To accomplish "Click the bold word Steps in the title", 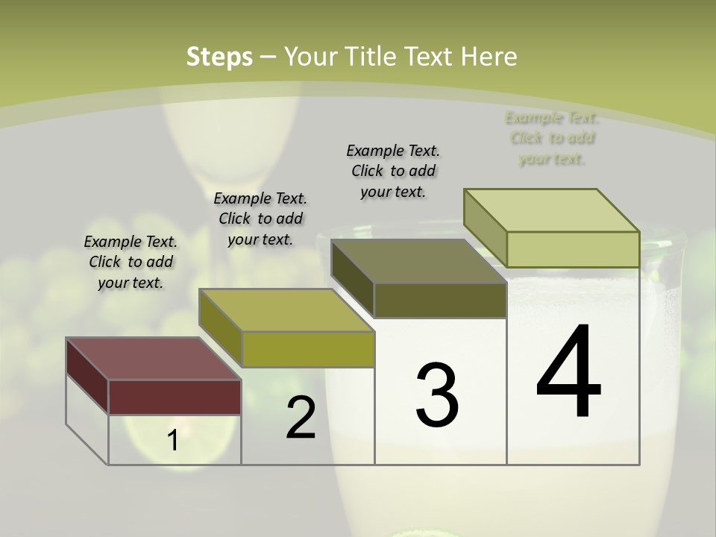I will point(219,57).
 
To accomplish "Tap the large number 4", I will point(568,372).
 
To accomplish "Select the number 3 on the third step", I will point(437,395).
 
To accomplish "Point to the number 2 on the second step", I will point(301,418).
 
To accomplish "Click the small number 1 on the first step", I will point(173,441).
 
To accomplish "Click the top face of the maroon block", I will point(153,358).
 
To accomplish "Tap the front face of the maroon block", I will point(175,397).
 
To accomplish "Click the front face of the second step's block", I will point(308,349).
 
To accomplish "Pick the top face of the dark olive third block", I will point(418,260).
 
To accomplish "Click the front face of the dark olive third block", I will point(440,300).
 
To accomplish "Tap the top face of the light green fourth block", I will point(551,210).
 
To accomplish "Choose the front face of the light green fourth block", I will point(573,249).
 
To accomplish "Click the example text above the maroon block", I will point(131,262).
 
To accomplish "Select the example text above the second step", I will point(260,219).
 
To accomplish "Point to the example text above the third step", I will point(393,171).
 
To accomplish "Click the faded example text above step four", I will point(552,138).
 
